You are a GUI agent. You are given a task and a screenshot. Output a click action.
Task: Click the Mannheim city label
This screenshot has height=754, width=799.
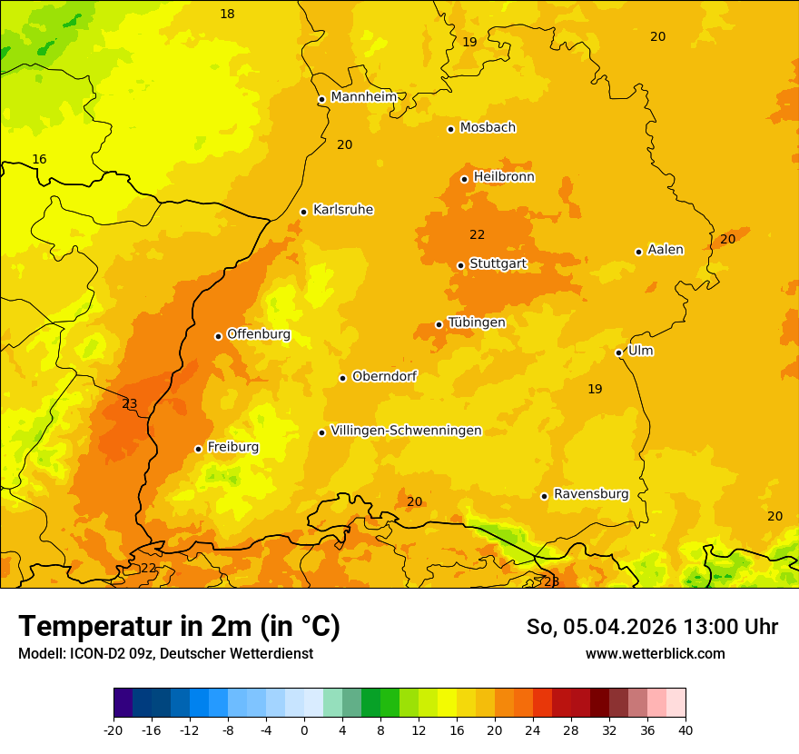363,96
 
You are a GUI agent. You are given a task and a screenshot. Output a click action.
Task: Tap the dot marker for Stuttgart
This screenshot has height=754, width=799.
460,265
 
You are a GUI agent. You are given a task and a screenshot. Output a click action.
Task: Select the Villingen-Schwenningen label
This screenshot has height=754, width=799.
406,431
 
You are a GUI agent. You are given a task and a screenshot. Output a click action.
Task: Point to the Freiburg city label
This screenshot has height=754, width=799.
232,447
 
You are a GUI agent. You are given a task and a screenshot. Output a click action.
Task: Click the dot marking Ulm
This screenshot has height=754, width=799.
618,352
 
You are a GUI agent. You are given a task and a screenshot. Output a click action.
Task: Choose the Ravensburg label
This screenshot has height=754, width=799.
591,494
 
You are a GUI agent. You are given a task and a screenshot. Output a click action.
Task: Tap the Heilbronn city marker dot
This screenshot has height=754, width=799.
464,179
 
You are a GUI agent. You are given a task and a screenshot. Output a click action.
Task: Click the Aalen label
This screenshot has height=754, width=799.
666,250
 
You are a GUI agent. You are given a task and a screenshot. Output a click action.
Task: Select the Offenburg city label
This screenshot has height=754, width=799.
259,334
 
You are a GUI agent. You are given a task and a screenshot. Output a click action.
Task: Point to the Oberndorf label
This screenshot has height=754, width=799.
384,376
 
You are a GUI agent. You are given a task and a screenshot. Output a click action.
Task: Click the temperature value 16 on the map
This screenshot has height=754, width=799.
39,160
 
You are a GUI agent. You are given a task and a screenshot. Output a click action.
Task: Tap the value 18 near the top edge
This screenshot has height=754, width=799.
227,14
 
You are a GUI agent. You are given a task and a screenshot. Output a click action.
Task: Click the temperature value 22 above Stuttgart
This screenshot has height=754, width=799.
477,235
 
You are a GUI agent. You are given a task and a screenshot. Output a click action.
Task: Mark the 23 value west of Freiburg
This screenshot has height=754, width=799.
130,404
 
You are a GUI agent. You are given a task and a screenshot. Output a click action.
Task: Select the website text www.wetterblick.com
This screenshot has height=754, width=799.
655,653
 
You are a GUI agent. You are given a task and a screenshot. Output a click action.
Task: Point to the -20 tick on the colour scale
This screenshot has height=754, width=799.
113,729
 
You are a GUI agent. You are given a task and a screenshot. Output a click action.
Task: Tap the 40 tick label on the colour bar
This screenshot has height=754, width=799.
685,729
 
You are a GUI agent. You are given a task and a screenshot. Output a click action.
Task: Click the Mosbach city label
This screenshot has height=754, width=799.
488,128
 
